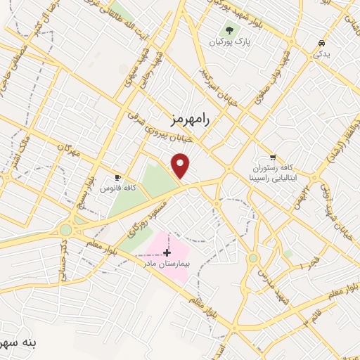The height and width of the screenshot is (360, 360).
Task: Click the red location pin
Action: coord(181,166)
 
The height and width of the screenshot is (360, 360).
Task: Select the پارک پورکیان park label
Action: coord(229,41)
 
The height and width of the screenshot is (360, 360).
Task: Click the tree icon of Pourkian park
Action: coord(229,30)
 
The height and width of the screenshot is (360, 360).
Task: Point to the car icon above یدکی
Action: coord(321,42)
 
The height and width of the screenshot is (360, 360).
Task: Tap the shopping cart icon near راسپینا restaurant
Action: coord(273,157)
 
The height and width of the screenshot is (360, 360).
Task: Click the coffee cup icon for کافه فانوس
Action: coord(118,178)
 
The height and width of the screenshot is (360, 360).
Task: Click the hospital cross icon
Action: coord(167,252)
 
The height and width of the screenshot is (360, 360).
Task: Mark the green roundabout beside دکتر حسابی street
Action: coord(66,230)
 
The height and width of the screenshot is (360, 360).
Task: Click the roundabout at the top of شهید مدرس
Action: coord(253,258)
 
